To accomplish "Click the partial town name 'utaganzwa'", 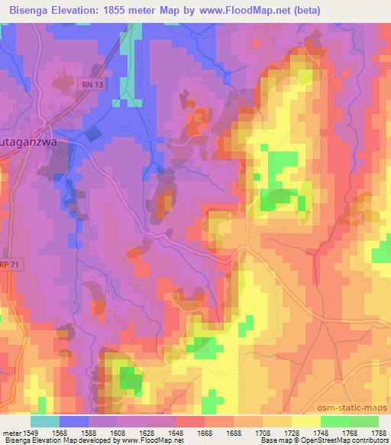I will pyautogui.click(x=29, y=142).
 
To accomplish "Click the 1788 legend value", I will pyautogui.click(x=377, y=433).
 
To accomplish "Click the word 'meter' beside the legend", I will pyautogui.click(x=11, y=433).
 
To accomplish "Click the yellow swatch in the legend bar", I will pyautogui.click(x=305, y=421).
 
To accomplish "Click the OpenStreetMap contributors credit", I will pyautogui.click(x=345, y=440).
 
